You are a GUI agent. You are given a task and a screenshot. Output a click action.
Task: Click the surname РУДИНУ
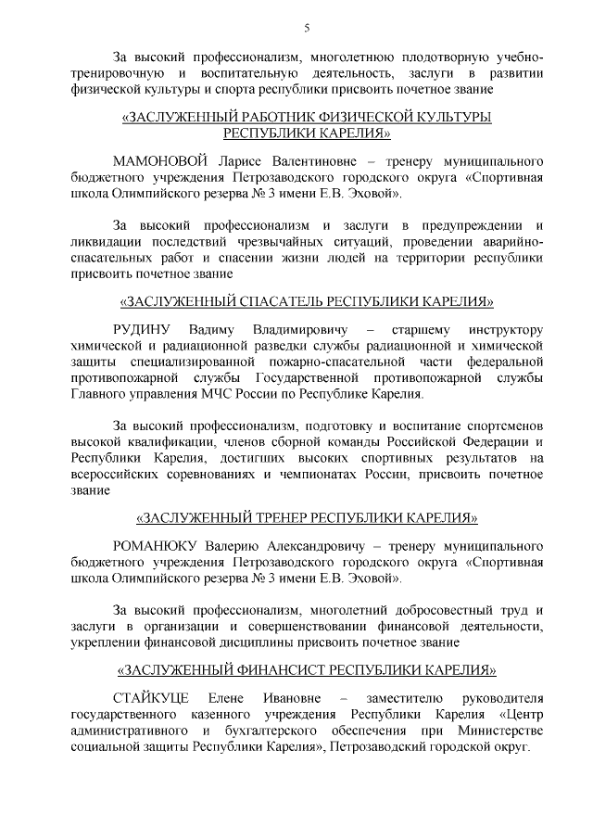point(140,331)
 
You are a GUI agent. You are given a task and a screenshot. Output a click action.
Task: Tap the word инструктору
point(503,331)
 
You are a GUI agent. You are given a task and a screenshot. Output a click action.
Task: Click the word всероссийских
point(125,475)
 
